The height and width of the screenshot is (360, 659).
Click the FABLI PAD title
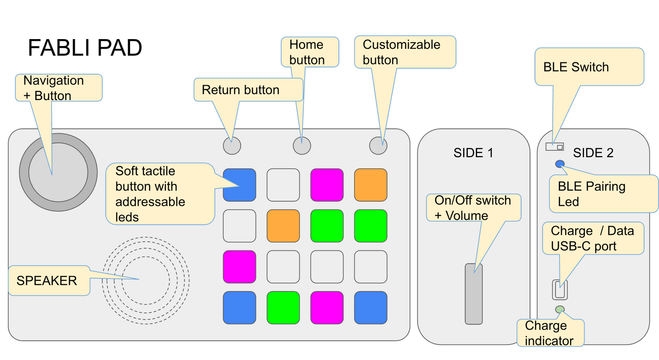pos(85,48)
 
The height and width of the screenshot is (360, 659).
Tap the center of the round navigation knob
pos(58,172)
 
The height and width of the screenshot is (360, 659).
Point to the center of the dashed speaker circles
pos(145,281)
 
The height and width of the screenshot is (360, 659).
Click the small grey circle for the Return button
pos(232,146)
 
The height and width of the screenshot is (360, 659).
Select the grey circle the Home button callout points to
pos(302,146)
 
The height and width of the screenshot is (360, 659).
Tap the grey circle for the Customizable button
pos(378,146)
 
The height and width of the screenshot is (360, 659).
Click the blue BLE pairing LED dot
pos(560,164)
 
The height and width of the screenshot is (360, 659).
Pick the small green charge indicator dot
pos(560,310)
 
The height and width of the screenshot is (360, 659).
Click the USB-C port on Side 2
pos(560,290)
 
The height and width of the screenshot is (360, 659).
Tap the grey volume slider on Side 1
pos(474,294)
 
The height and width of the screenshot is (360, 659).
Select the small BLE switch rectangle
pos(554,147)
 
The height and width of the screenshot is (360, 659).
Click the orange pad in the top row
pos(371,185)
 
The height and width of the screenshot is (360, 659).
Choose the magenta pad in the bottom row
pos(327,308)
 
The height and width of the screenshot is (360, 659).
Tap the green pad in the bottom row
pos(283,308)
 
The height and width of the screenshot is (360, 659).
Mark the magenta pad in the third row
pos(239,267)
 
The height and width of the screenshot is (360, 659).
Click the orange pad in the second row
pos(283,226)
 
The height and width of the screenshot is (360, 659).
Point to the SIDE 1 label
pos(473,153)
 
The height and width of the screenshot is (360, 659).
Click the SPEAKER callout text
pos(47,281)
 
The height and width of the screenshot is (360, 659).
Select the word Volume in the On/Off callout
pos(467,216)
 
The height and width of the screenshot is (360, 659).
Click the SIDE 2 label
pos(593,153)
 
